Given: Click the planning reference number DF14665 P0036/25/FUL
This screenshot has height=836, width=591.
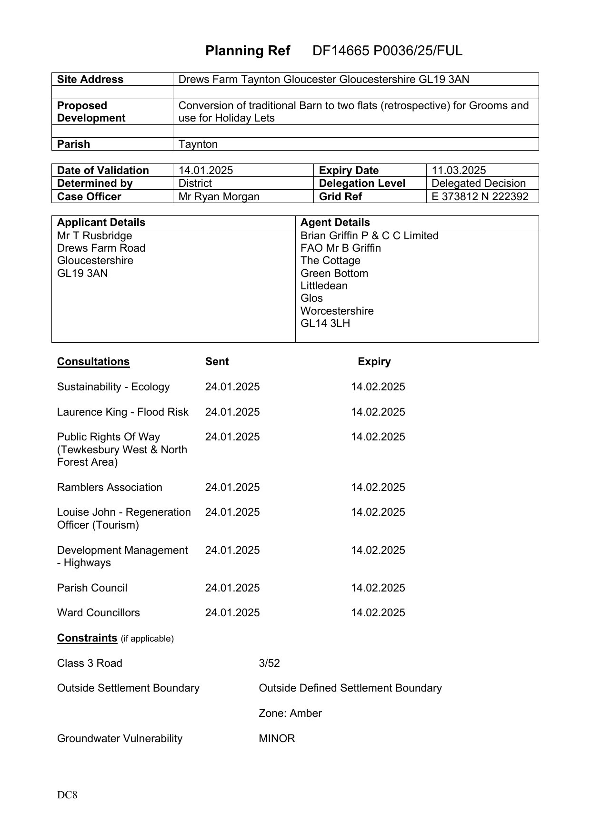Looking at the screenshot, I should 387,51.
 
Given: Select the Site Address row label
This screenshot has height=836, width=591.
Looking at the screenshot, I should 90,80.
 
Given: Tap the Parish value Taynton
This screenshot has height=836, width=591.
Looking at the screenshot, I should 198,144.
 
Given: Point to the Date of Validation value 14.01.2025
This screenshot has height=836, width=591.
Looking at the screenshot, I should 206,171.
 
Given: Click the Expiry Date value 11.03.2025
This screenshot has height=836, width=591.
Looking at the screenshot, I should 459,171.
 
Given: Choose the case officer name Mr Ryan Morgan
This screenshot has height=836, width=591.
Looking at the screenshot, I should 219,197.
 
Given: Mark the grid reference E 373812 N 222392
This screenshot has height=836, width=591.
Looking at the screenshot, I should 480,197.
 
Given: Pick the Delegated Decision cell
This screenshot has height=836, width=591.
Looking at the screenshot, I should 479,184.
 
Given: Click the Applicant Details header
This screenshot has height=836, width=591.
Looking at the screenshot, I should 101,223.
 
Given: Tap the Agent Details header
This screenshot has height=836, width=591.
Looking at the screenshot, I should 335,223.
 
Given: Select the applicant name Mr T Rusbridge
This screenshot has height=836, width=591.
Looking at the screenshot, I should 94,236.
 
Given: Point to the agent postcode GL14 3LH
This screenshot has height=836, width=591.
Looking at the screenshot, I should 325,324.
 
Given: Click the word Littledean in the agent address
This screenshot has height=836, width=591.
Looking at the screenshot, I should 324,286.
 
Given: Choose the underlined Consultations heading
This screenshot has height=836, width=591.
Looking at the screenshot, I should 93,362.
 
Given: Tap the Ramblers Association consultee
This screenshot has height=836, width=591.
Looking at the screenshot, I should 110,488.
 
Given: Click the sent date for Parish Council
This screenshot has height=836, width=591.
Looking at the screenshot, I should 232,588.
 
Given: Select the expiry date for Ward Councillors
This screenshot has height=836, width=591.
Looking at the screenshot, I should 378,613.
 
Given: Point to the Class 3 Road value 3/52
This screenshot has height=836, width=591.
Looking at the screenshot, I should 269,663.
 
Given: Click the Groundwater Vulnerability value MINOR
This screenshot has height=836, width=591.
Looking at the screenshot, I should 277,739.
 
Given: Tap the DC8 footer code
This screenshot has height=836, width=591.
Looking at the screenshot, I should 67,795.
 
